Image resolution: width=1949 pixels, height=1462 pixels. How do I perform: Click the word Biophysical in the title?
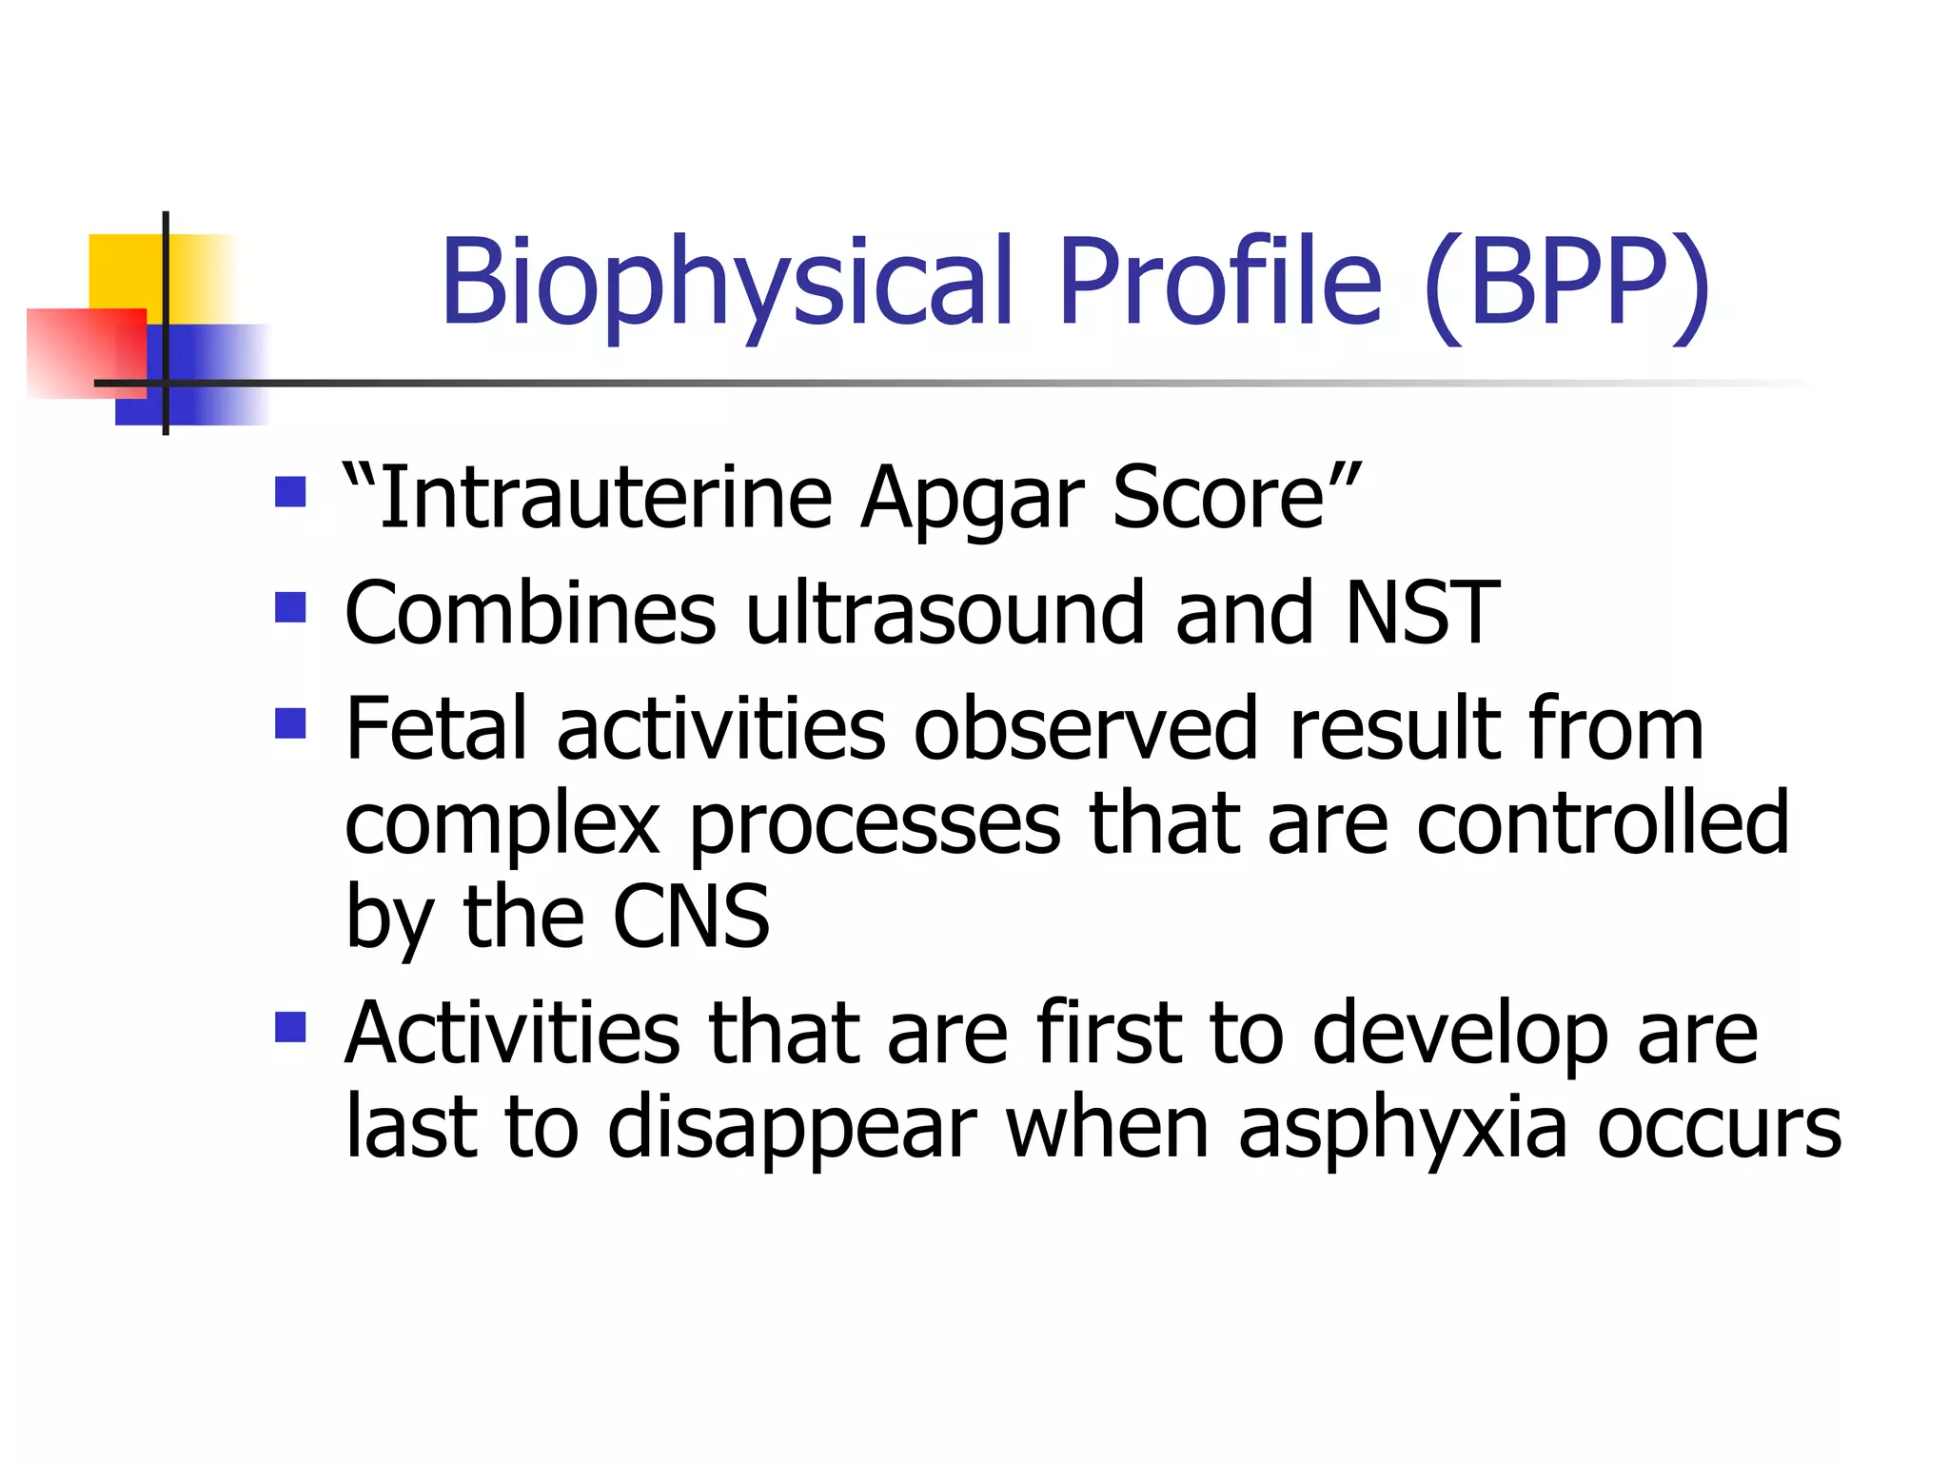point(727,283)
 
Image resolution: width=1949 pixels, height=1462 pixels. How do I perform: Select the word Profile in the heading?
point(1219,283)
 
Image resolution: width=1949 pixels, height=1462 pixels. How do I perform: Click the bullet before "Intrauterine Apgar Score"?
point(290,492)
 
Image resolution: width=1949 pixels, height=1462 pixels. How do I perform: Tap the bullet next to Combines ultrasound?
point(290,606)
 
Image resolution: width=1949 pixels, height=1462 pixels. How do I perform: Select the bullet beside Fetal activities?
point(290,722)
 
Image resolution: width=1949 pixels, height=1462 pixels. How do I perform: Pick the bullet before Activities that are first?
point(290,1027)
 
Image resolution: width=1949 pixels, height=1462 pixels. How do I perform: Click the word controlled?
point(1603,822)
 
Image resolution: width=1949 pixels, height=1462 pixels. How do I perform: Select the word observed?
point(1086,728)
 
